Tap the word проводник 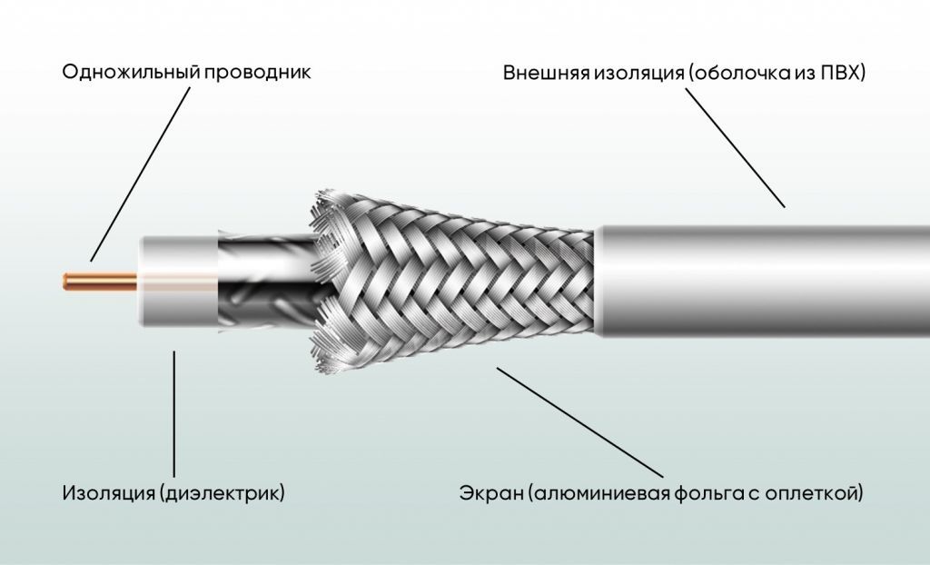(257, 73)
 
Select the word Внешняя (546, 73)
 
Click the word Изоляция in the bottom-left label (109, 492)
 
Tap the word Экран (490, 493)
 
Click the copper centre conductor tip (66, 282)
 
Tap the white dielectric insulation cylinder (178, 282)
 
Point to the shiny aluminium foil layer (266, 280)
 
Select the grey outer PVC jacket (763, 282)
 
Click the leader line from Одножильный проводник (140, 174)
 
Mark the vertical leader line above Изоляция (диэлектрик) (173, 413)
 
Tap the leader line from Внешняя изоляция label (736, 148)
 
